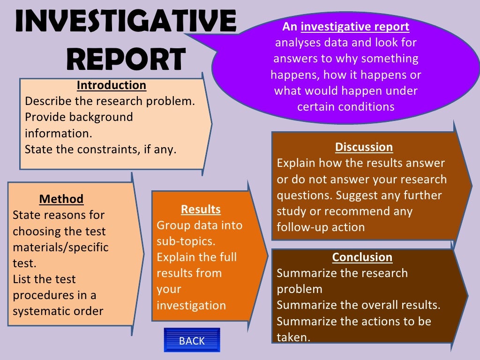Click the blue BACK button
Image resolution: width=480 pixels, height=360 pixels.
(x=192, y=341)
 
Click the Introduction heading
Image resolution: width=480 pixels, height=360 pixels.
(x=112, y=85)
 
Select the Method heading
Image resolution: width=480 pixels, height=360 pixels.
(x=61, y=199)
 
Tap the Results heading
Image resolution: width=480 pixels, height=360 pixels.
(x=201, y=209)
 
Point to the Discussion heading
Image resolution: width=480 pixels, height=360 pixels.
(x=364, y=147)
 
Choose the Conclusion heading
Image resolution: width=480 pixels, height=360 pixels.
(x=362, y=257)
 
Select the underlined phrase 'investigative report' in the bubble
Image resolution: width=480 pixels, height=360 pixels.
(x=355, y=27)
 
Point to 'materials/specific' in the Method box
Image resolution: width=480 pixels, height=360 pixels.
(x=60, y=247)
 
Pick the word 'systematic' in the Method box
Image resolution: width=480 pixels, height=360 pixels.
(x=40, y=311)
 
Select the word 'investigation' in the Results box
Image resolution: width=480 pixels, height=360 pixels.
(x=191, y=306)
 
